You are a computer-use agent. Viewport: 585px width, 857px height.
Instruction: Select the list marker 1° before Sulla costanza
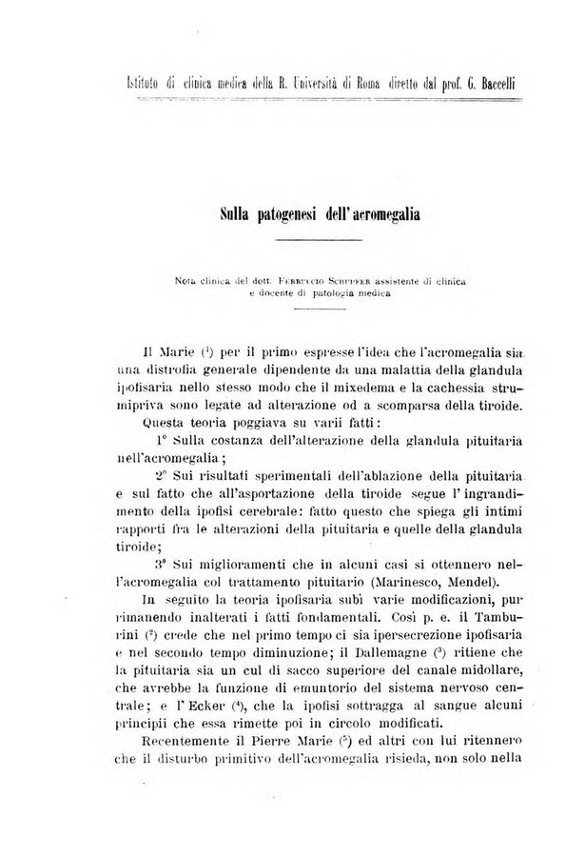click(x=161, y=443)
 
